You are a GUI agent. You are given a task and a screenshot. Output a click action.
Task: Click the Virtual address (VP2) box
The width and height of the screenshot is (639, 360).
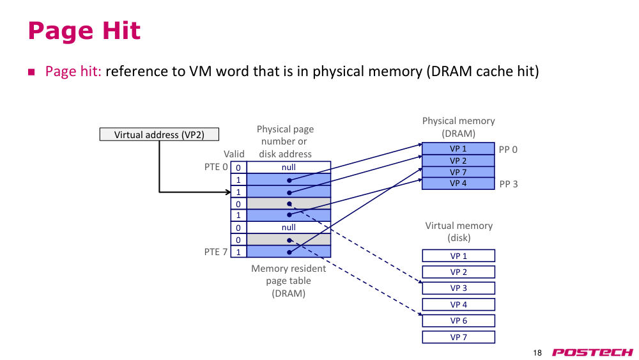(x=159, y=134)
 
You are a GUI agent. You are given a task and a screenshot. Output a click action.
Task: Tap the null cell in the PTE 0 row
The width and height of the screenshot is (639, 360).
(x=289, y=167)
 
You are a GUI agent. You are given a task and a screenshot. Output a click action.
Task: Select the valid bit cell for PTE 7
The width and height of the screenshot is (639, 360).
(x=238, y=251)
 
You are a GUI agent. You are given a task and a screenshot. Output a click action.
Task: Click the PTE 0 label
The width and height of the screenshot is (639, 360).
(x=216, y=167)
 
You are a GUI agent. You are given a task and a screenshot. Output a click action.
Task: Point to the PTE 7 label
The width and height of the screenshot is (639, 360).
(x=215, y=252)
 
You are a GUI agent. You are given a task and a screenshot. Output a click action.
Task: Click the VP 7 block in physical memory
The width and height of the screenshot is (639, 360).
(x=458, y=172)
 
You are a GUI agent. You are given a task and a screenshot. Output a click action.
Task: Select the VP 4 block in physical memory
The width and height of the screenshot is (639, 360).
(x=458, y=184)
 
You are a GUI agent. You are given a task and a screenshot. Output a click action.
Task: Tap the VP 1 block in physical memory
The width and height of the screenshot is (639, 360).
(x=458, y=148)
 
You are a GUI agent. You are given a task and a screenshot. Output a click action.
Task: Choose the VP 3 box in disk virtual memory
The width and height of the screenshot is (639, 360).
(x=458, y=288)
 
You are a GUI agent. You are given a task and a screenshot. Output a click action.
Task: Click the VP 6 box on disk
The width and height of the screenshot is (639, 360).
(x=458, y=320)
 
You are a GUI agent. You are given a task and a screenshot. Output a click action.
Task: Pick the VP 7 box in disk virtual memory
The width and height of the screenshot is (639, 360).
(x=458, y=337)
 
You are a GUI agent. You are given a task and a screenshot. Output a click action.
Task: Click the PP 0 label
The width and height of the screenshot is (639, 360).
(x=508, y=150)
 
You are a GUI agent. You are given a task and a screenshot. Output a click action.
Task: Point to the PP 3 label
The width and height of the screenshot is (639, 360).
(x=508, y=184)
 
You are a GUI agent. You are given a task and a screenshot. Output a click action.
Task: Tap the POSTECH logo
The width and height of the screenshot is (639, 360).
(x=592, y=352)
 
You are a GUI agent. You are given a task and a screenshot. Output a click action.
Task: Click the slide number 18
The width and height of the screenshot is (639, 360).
(x=537, y=353)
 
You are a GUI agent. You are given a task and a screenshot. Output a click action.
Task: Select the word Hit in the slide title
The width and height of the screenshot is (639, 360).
(x=121, y=31)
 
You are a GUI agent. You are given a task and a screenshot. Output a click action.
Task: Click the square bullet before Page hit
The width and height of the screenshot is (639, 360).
(x=31, y=72)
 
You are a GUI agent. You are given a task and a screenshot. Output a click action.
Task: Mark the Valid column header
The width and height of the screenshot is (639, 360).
(x=234, y=154)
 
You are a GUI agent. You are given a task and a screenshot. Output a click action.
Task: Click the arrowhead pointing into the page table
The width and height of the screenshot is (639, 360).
(x=228, y=192)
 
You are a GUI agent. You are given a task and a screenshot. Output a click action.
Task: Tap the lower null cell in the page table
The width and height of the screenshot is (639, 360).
(x=289, y=228)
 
